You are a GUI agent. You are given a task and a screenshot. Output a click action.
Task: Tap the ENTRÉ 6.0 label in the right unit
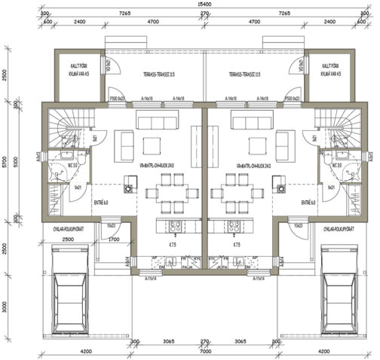click(x=307, y=203)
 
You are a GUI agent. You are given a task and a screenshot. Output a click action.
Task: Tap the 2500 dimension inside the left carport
click(x=67, y=239)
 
